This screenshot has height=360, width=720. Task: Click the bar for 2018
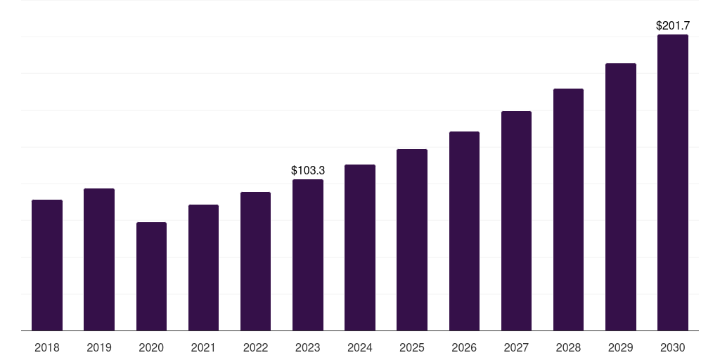47,265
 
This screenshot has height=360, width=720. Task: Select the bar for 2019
99,259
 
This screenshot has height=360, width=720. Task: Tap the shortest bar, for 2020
152,276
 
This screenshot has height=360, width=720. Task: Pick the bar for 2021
203,268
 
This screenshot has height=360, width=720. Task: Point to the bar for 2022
255,262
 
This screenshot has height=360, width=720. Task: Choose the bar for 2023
308,255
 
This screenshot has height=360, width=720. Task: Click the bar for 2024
360,247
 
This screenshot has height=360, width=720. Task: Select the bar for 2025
412,240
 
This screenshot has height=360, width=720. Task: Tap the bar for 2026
464,231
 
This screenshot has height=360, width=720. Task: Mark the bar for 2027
516,221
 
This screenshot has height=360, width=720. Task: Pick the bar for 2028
568,210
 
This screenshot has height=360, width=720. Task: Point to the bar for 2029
621,197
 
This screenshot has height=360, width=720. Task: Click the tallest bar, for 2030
673,182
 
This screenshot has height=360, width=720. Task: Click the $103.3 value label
308,170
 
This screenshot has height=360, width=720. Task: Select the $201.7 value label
673,26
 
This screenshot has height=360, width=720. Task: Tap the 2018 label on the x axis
47,347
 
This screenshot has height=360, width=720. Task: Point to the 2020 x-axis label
152,347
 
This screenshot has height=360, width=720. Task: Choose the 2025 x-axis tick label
412,347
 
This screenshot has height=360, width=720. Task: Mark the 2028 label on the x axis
568,347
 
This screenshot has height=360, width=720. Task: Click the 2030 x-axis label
673,347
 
